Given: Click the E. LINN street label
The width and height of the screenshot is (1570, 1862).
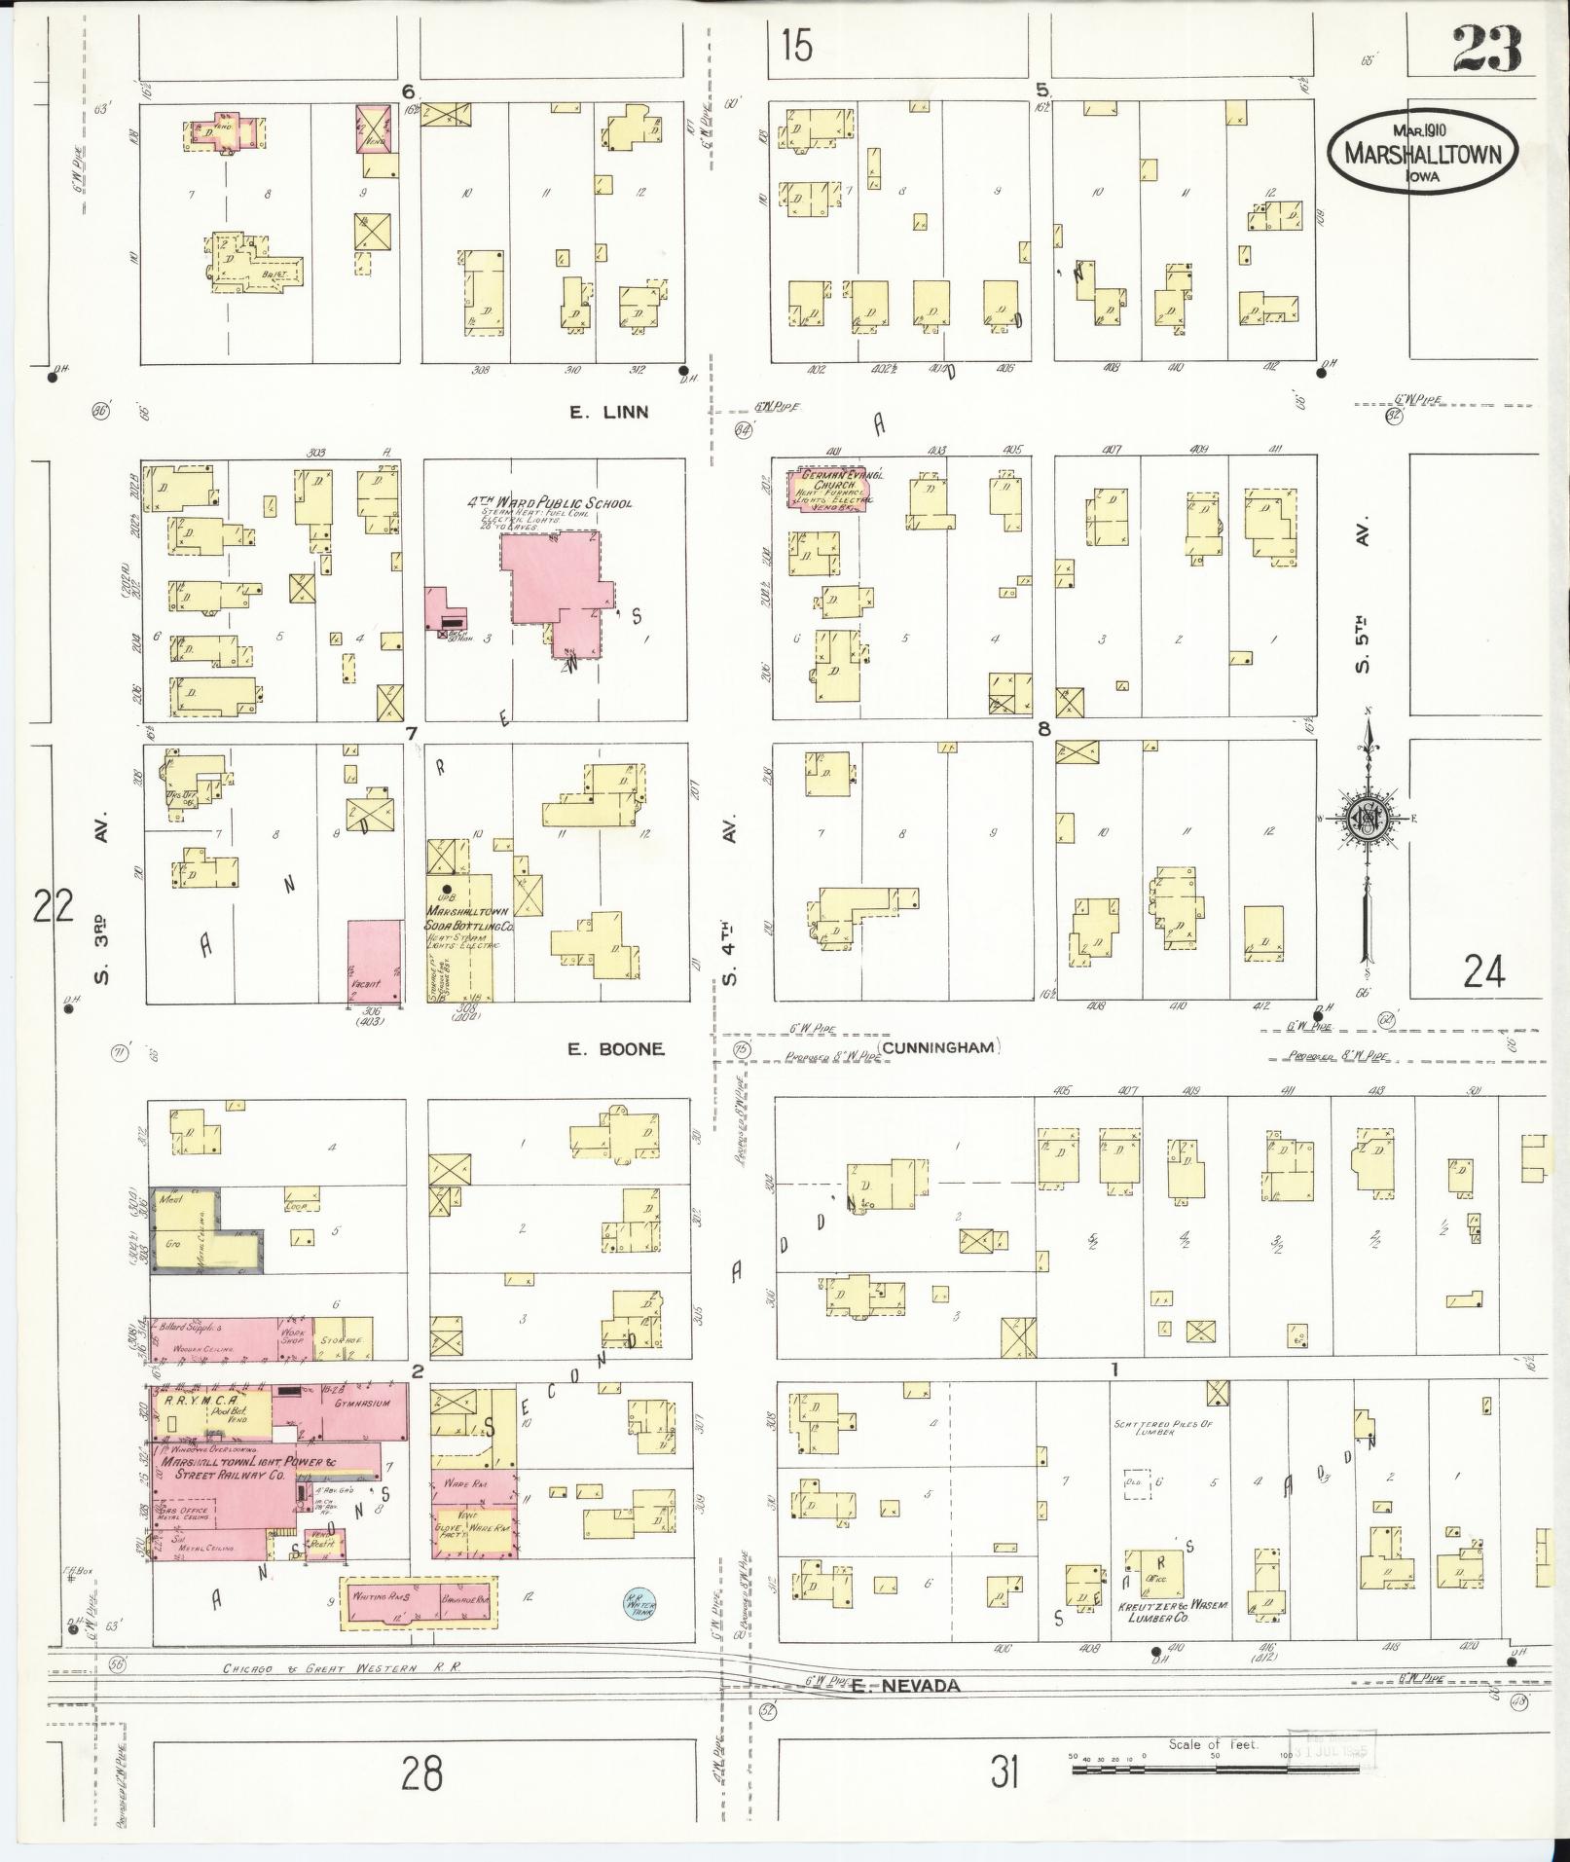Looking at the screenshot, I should (x=608, y=413).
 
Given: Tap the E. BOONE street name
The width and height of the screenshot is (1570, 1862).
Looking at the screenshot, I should (x=616, y=1048).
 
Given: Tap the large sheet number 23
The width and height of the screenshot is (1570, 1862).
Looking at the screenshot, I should (x=1487, y=50).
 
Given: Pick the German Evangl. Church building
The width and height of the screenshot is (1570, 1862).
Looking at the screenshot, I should (x=829, y=488).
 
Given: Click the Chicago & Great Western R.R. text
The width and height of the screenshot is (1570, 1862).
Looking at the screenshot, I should (x=341, y=1667).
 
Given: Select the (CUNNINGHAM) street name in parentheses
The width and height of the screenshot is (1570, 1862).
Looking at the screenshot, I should (x=939, y=1047).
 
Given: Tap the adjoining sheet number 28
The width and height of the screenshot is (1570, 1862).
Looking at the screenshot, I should (x=421, y=1772).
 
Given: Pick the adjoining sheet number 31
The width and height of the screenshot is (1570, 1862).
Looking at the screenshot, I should (x=1005, y=1772).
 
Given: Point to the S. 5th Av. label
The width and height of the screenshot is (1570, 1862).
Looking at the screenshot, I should (x=1364, y=594).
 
